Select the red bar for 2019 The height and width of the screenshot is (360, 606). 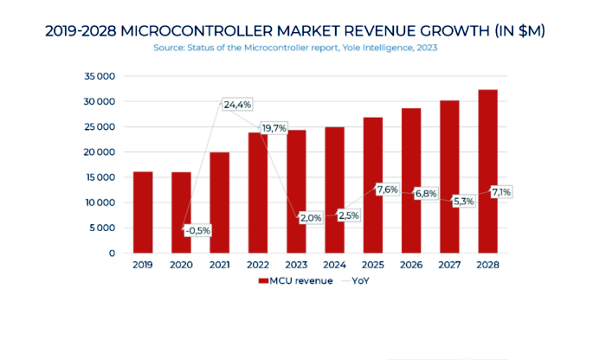143,212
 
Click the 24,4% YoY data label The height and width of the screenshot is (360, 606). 237,105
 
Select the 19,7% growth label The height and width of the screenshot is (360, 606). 274,128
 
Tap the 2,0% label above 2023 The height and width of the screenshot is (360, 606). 310,218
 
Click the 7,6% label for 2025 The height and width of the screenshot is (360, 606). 387,190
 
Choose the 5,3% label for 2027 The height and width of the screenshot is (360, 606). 463,201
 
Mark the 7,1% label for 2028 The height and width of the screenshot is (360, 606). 503,191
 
